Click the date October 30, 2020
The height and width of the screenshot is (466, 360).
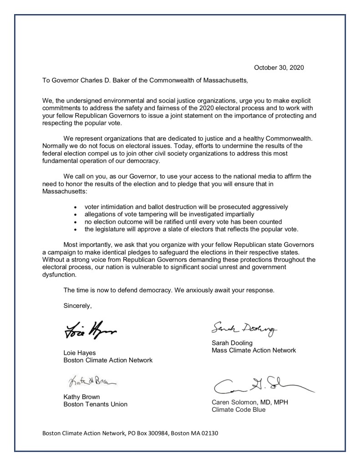pos(279,68)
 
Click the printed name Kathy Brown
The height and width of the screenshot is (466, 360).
pos(81,397)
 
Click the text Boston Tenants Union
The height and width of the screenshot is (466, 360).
pos(95,405)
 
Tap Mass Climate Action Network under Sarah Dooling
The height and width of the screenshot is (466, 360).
pos(254,351)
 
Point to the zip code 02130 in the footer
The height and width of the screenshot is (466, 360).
pos(210,433)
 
